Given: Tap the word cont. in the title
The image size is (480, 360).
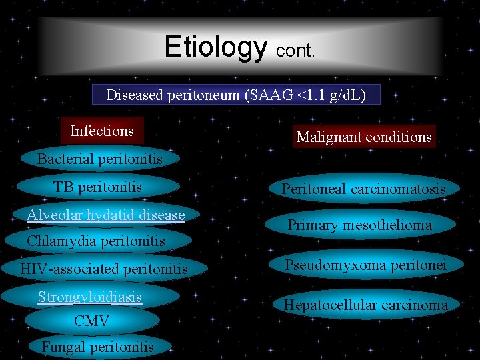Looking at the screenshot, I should pyautogui.click(x=295, y=51).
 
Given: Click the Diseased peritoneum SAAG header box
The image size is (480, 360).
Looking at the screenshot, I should pyautogui.click(x=236, y=95).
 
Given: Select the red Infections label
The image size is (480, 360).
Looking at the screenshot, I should pyautogui.click(x=102, y=131).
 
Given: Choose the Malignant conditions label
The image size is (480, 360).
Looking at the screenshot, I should pyautogui.click(x=364, y=137).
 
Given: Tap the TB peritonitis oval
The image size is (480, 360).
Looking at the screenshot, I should pyautogui.click(x=98, y=187).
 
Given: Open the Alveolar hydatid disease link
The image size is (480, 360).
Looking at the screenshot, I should pyautogui.click(x=105, y=215).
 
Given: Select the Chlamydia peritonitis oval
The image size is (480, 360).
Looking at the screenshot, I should pyautogui.click(x=96, y=241).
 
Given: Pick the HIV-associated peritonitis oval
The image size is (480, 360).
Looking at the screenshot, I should pyautogui.click(x=104, y=269).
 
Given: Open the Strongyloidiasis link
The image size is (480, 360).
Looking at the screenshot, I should pyautogui.click(x=90, y=297).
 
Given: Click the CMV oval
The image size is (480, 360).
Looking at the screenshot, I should pyautogui.click(x=91, y=321).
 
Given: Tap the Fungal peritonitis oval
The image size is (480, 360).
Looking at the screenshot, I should pyautogui.click(x=97, y=347).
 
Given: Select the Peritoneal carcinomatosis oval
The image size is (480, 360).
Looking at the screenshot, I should pyautogui.click(x=363, y=189).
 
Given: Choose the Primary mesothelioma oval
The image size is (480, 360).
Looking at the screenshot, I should pyautogui.click(x=360, y=225).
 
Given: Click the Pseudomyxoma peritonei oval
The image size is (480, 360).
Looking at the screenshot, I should pyautogui.click(x=365, y=265).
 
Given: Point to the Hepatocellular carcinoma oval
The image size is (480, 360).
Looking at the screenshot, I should pyautogui.click(x=366, y=305).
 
